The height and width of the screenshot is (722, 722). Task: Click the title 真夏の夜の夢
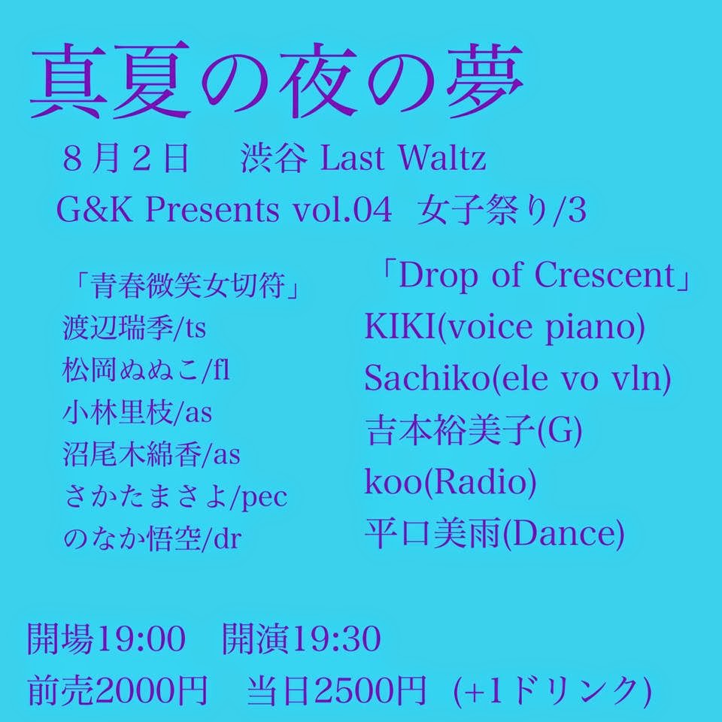tap(277, 80)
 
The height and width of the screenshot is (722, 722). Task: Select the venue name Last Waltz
tap(403, 158)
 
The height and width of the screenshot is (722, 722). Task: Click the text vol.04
tap(343, 210)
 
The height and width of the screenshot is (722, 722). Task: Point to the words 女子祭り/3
tap(502, 211)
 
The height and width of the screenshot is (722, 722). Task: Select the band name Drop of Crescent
tap(535, 275)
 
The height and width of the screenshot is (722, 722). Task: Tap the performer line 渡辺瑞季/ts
tap(134, 328)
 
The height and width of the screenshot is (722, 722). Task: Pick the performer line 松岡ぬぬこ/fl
tap(145, 370)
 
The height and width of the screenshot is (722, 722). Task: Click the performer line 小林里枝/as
tap(137, 412)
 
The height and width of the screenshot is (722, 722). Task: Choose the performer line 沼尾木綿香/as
tap(151, 454)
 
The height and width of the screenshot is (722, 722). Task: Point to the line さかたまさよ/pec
tap(175, 496)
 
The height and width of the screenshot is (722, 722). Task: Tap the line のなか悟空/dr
tap(152, 538)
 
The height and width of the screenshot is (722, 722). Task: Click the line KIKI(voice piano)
tap(505, 327)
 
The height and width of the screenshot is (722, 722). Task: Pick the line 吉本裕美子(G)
tap(474, 431)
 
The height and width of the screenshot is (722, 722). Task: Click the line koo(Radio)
tap(450, 482)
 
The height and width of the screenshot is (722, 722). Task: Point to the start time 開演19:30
tap(302, 639)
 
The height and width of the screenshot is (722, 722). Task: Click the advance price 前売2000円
tap(118, 690)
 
